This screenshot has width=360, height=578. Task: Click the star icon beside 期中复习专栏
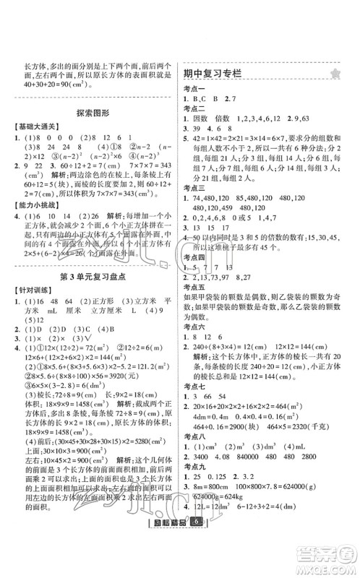pyautogui.click(x=335, y=74)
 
